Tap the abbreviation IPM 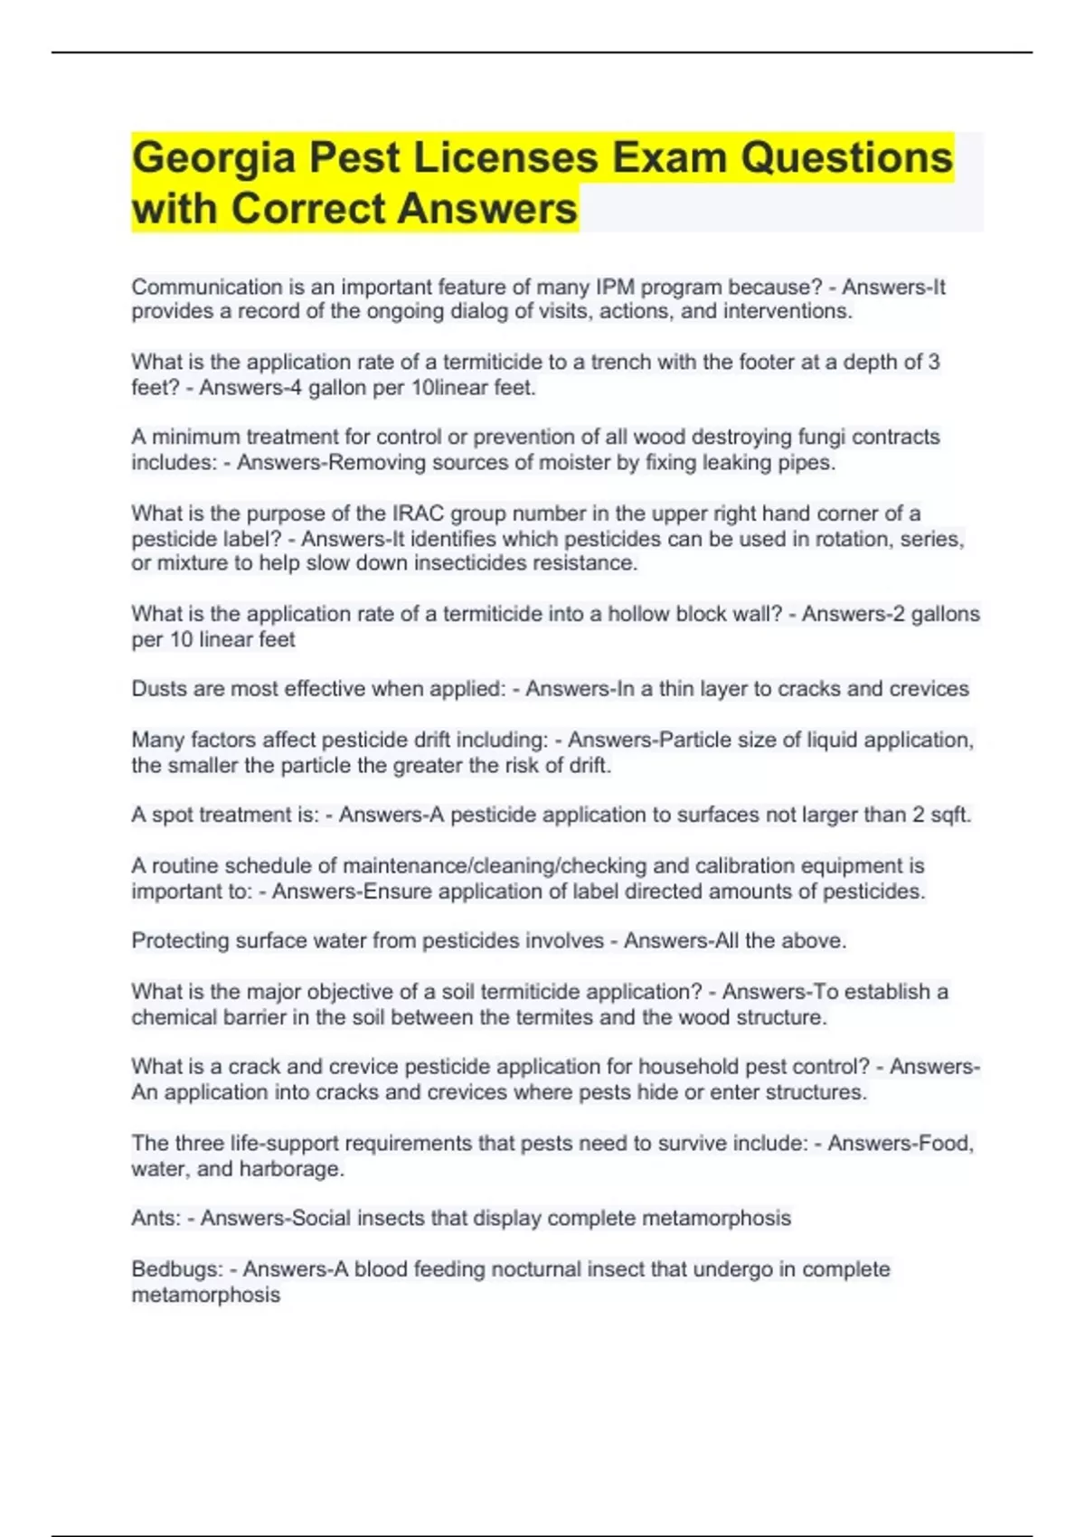(x=615, y=288)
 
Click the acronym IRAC (x=418, y=514)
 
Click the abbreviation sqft (x=950, y=815)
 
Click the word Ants (x=156, y=1219)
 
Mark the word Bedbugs (x=176, y=1269)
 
